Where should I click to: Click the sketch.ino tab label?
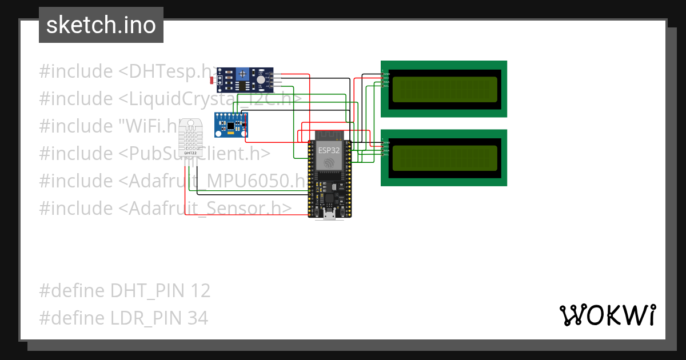pos(101,25)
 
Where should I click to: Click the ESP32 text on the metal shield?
pos(329,150)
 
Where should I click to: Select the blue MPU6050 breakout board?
pos(231,125)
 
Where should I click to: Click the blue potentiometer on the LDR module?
pos(244,73)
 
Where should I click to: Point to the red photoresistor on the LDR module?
pos(213,80)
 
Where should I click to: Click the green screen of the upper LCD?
pos(444,89)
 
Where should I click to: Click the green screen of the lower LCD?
pos(444,158)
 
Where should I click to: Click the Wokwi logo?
pos(607,315)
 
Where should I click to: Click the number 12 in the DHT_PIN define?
pos(201,291)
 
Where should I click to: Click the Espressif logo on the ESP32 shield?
pos(329,163)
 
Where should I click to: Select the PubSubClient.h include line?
pos(154,153)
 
